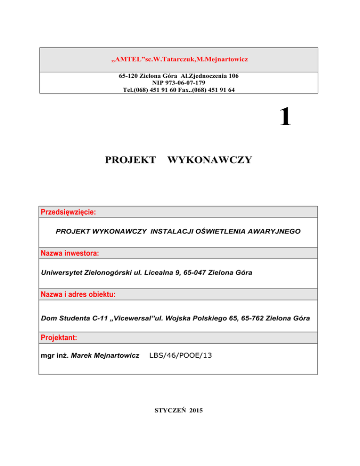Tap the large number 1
pyautogui.click(x=285, y=117)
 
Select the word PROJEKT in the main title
pyautogui.click(x=131, y=160)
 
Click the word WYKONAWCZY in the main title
pyautogui.click(x=209, y=160)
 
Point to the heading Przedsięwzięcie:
pyautogui.click(x=68, y=212)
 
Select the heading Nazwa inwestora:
pyautogui.click(x=70, y=254)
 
